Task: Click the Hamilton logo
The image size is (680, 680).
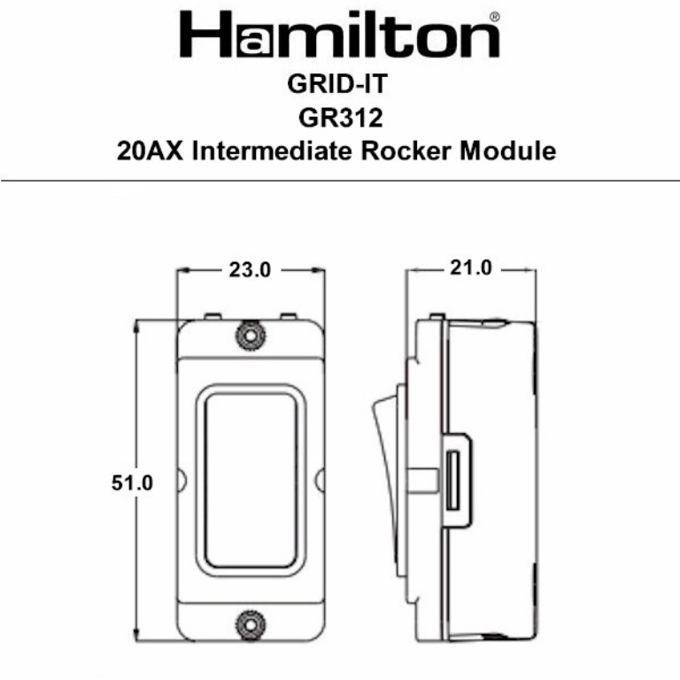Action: click(340, 36)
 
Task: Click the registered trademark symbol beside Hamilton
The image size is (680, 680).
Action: click(493, 17)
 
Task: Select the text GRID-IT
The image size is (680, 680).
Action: click(339, 86)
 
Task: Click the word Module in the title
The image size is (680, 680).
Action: click(509, 151)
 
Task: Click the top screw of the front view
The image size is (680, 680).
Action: click(250, 335)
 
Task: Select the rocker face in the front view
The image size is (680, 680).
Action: click(249, 478)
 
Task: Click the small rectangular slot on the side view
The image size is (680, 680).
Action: click(453, 479)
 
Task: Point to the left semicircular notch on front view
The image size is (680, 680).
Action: click(182, 479)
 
